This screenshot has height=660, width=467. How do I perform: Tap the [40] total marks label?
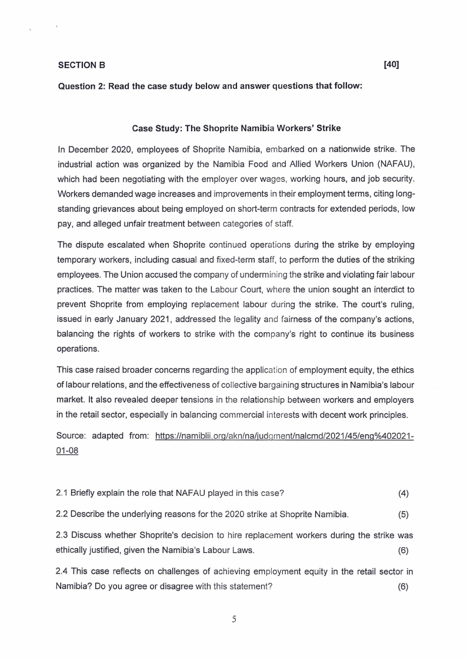[391, 64]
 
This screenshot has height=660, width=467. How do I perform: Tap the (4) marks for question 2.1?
[403, 493]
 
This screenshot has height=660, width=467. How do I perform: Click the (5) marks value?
[403, 515]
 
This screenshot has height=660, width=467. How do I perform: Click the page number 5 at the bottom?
[233, 619]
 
